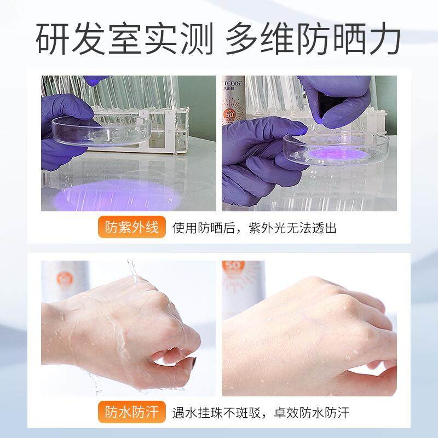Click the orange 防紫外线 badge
pyautogui.click(x=132, y=227)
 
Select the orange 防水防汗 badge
pyautogui.click(x=132, y=412)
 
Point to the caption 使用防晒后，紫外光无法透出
pyautogui.click(x=254, y=227)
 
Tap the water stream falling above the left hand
pyautogui.click(x=133, y=274)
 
